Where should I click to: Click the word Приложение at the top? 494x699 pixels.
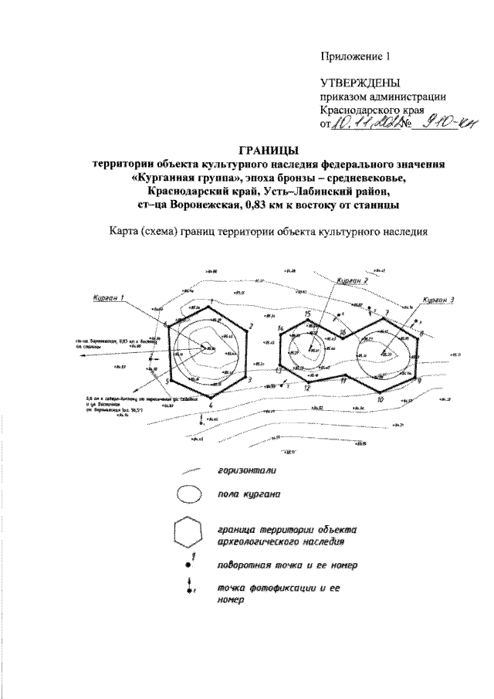pyautogui.click(x=352, y=56)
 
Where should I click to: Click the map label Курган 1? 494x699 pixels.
pyautogui.click(x=106, y=297)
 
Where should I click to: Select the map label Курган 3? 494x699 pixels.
pyautogui.click(x=440, y=299)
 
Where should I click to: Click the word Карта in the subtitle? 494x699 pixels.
pyautogui.click(x=129, y=229)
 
